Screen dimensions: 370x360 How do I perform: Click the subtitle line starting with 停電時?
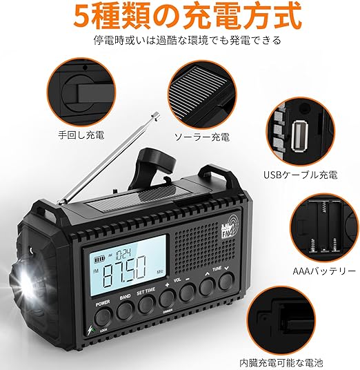click(x=179, y=40)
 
